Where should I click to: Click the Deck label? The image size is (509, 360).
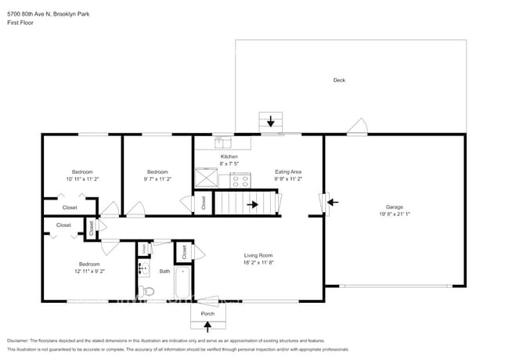(x=339, y=80)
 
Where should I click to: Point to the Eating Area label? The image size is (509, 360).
(x=288, y=171)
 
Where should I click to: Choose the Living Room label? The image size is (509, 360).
(x=258, y=255)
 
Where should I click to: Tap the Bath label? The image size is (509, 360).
(x=164, y=272)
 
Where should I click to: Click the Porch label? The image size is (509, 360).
(x=208, y=314)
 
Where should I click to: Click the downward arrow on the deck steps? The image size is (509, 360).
(x=271, y=121)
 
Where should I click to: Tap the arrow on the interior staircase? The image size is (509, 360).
(x=252, y=205)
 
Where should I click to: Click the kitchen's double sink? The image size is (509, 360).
(x=224, y=142)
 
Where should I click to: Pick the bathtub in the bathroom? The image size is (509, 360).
(x=182, y=283)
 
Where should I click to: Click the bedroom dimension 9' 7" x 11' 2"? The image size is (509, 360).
(x=157, y=179)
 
